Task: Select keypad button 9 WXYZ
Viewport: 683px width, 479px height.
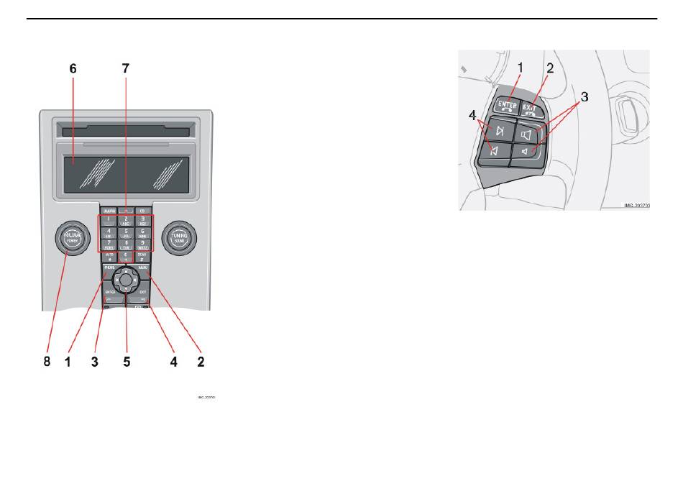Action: click(x=142, y=245)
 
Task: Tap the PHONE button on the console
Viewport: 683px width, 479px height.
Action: click(x=109, y=268)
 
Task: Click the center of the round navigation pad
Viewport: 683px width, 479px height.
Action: click(x=126, y=279)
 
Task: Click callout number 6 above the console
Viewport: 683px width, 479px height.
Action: click(x=73, y=69)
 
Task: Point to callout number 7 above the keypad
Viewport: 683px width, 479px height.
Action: click(x=126, y=69)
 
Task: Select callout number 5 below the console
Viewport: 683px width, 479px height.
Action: click(x=127, y=362)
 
